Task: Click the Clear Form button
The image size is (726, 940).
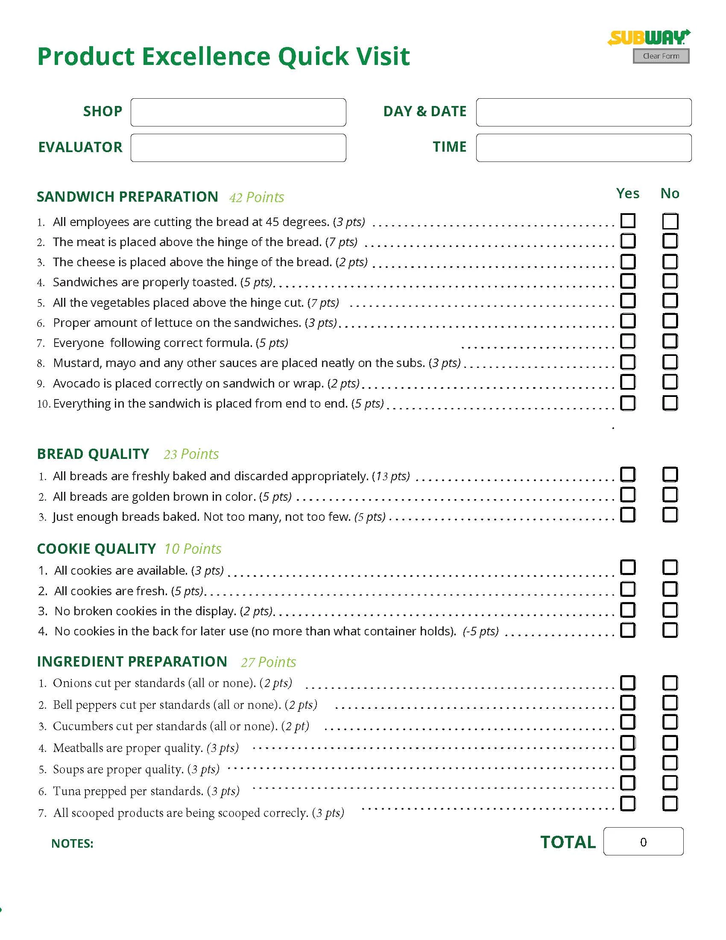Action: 661,56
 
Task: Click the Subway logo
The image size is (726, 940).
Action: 649,38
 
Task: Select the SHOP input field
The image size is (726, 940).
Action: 238,112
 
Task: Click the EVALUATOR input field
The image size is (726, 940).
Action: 238,148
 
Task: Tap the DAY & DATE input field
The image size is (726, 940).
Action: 584,112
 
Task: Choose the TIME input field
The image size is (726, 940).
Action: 584,148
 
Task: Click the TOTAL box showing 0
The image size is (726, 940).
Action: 643,842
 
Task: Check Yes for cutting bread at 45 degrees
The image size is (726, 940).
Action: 628,221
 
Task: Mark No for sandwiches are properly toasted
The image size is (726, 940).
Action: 670,282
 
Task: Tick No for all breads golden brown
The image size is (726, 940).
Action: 670,495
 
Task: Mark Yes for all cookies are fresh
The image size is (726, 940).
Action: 628,589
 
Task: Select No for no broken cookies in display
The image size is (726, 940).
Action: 670,610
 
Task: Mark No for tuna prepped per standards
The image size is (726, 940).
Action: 670,783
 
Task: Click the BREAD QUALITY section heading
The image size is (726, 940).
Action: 93,454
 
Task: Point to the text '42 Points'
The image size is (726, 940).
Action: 256,197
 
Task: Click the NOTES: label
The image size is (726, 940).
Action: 72,843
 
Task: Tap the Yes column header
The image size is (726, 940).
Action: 627,193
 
